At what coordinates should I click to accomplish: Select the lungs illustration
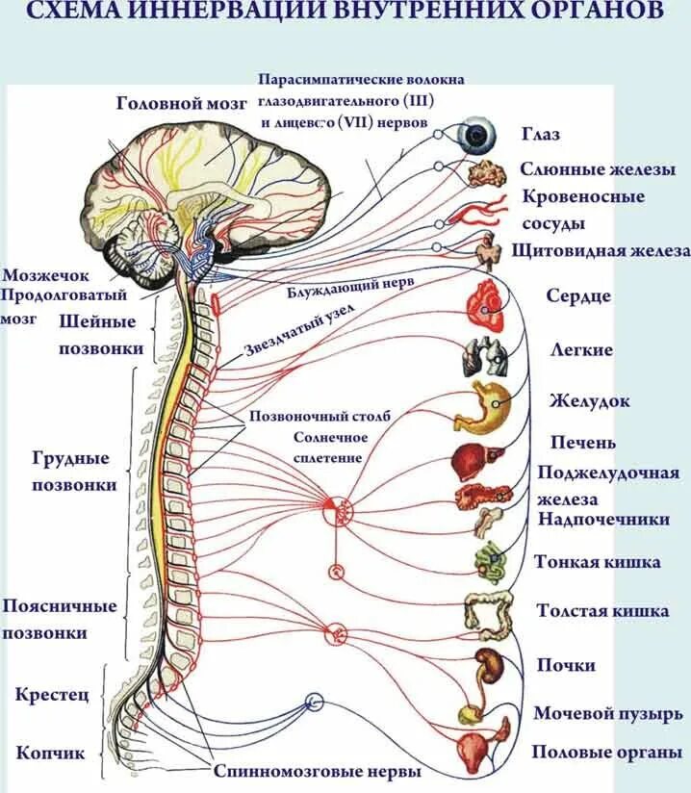click(x=484, y=356)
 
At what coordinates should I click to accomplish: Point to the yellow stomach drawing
click(x=491, y=405)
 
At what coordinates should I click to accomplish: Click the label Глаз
click(x=541, y=135)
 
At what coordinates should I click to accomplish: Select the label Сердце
click(x=578, y=295)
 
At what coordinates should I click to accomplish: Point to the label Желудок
click(x=590, y=399)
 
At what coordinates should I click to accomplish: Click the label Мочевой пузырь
click(x=608, y=714)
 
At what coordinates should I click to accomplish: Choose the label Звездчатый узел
click(x=300, y=326)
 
